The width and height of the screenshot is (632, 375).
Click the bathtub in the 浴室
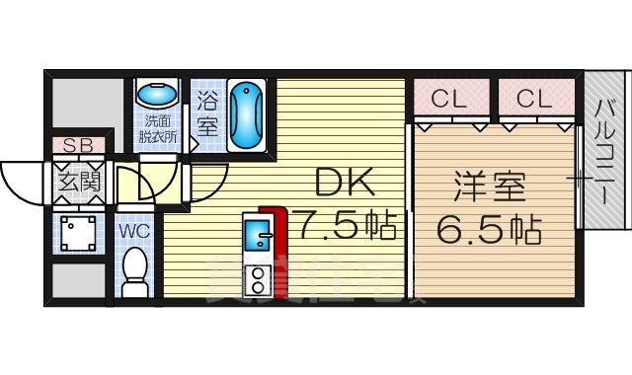coord(246,115)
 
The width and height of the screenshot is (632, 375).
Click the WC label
coord(133,231)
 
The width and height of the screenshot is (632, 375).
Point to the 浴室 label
coord(207,112)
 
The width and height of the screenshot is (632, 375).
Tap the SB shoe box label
coord(77,146)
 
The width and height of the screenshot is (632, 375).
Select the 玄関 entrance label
coord(77,181)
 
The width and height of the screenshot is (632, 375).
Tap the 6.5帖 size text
coord(489,229)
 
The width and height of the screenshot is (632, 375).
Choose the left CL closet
coord(448,98)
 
